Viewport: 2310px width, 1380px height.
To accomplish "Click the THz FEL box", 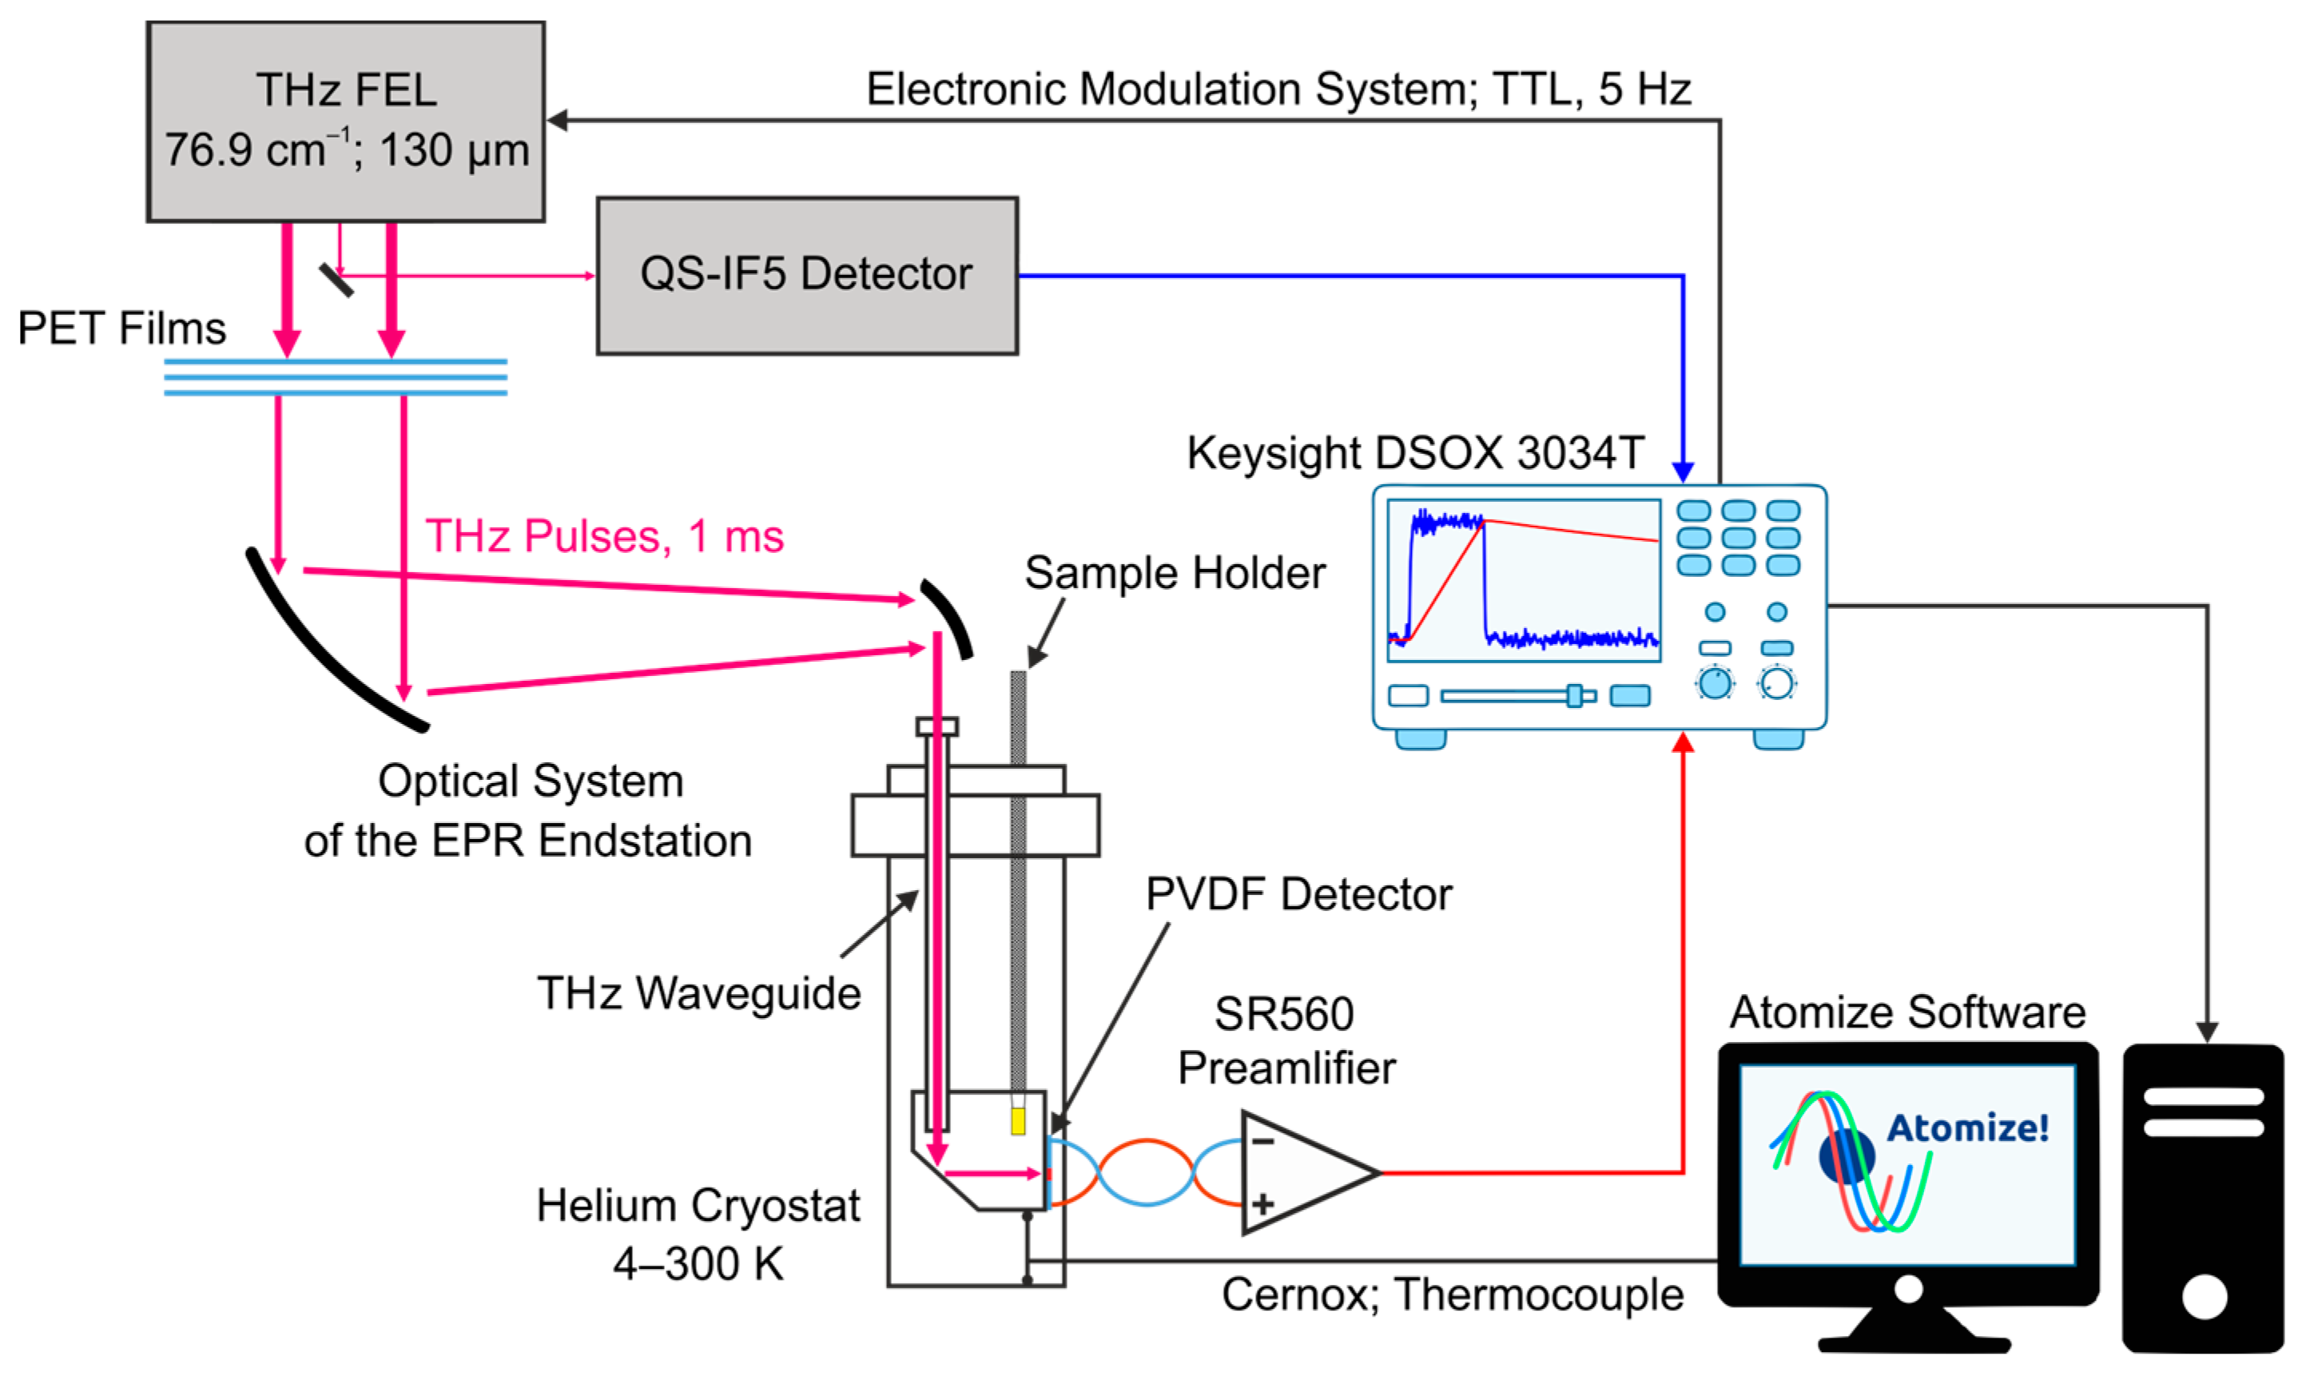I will click(346, 121).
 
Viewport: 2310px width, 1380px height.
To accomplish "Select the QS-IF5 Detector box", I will click(807, 275).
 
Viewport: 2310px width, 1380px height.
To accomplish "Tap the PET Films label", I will click(121, 328).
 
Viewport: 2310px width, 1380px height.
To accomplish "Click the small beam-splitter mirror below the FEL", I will click(336, 280).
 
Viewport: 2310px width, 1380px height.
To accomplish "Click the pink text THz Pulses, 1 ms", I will click(604, 536).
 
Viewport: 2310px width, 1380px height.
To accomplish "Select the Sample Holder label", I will click(1175, 573).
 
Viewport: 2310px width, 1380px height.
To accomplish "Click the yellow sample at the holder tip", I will click(1019, 1120).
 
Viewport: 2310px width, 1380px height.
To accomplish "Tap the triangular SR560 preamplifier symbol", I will click(1302, 1174).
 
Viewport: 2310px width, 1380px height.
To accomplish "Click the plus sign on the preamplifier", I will click(1262, 1205).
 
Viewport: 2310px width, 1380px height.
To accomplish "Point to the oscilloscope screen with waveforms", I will click(1524, 581).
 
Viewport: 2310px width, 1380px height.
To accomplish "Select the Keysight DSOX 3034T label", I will click(1415, 454).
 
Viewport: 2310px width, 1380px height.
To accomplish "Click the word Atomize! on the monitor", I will click(1967, 1128).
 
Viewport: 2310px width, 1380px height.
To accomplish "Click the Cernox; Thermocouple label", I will click(1452, 1294).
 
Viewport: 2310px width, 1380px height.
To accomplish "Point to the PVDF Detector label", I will click(1298, 895).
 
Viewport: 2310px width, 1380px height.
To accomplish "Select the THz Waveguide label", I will click(699, 993).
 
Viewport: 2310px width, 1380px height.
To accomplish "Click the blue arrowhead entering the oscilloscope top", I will click(1683, 471).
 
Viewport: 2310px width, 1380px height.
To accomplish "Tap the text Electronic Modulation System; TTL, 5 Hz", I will click(1278, 90).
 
